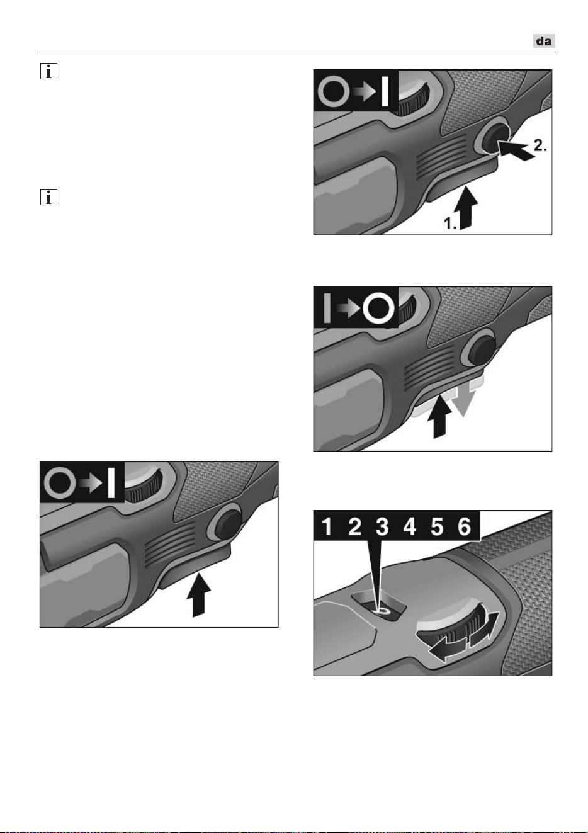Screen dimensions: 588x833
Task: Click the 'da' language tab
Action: click(x=544, y=41)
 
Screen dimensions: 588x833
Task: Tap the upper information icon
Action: click(x=48, y=71)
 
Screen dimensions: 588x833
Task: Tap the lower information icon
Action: click(x=48, y=197)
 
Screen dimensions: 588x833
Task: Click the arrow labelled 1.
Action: click(x=468, y=208)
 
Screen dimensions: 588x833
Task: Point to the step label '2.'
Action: click(x=540, y=145)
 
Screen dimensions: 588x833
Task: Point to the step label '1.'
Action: click(x=451, y=224)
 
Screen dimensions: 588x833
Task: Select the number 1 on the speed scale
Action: click(x=327, y=526)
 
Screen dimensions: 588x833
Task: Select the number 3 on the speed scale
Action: click(x=382, y=526)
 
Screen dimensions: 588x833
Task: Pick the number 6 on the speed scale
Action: click(x=465, y=526)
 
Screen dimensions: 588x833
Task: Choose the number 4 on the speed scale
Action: click(x=409, y=526)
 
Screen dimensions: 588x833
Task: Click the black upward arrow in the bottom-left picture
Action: click(x=198, y=594)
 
